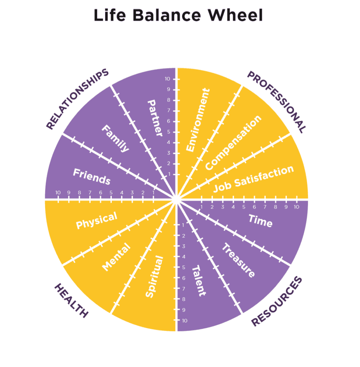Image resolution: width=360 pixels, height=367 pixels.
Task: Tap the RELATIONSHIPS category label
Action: tap(77, 99)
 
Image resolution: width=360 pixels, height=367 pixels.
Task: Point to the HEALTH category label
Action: tap(71, 300)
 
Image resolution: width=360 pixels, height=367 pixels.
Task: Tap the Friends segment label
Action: tap(92, 176)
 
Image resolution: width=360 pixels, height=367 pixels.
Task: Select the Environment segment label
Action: tap(197, 120)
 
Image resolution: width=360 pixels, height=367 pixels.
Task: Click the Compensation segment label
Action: tap(233, 143)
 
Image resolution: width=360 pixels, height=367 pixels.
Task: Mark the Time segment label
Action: tap(260, 222)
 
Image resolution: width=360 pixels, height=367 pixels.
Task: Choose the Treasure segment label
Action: tap(238, 260)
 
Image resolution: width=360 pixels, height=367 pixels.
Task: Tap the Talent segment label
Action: tap(199, 281)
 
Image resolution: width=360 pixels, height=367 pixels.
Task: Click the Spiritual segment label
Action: tap(154, 277)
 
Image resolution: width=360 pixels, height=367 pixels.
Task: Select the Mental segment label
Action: tap(116, 257)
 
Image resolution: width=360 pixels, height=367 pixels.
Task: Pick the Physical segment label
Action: tap(96, 220)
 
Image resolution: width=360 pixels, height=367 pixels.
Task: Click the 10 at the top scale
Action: tap(167, 79)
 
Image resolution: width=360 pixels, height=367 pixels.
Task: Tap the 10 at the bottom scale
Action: tap(184, 320)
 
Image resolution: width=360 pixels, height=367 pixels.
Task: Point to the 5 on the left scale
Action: tap(111, 193)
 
